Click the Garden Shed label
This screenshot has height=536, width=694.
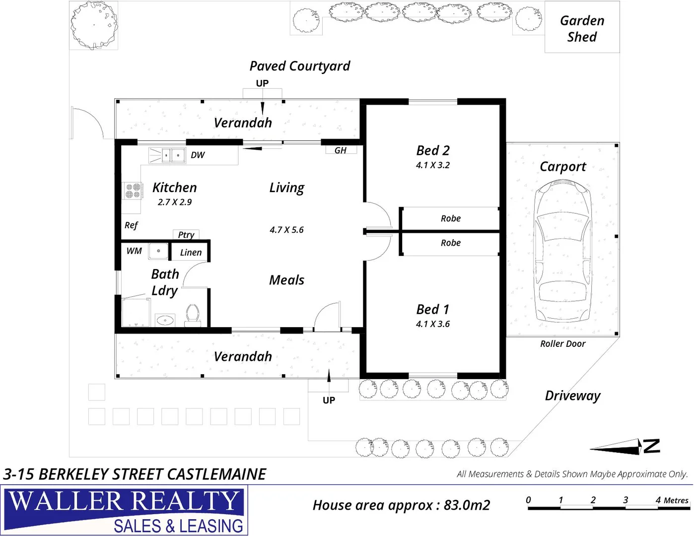tap(582, 29)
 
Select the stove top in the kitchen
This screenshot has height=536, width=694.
tap(133, 191)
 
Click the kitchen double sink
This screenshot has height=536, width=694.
tap(168, 155)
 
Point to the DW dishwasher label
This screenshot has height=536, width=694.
tap(198, 155)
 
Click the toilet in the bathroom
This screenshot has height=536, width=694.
tap(193, 315)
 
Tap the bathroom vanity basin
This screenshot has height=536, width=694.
tap(165, 320)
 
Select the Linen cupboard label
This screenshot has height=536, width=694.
tap(191, 253)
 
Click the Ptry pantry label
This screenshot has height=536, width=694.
tap(186, 235)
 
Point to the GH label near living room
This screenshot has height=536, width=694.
tap(341, 150)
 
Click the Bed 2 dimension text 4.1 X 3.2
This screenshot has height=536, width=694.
tap(433, 165)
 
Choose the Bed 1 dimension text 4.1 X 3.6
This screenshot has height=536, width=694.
tap(433, 324)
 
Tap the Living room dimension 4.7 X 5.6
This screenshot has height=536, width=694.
tap(286, 230)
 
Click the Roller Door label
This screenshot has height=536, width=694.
tap(562, 343)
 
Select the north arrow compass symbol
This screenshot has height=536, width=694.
tap(625, 447)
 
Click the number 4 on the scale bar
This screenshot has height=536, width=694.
tap(658, 500)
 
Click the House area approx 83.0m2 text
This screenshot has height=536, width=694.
tap(401, 505)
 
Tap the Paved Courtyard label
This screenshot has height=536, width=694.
tap(299, 66)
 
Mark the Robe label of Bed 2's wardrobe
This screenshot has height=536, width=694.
tap(450, 218)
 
